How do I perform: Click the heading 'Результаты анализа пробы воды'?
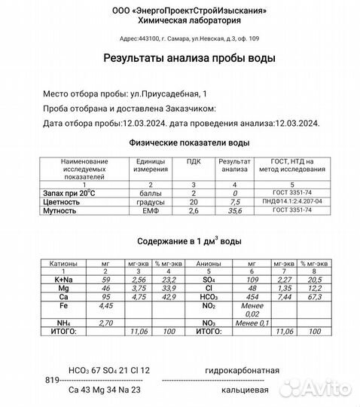click(178, 58)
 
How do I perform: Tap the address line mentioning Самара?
click(179, 38)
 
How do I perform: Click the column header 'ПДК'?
click(194, 161)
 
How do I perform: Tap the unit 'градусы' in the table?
click(150, 202)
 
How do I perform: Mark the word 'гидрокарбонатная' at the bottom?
click(242, 371)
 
